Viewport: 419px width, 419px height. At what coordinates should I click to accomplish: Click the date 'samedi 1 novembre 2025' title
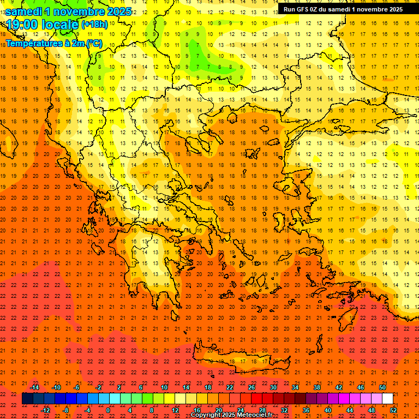68,11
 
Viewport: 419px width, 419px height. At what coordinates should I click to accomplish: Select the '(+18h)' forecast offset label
94,25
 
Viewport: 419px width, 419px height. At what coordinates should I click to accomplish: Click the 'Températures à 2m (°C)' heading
53,43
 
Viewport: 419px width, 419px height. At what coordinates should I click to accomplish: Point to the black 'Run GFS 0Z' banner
343,9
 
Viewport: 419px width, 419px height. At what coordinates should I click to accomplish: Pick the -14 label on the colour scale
34,387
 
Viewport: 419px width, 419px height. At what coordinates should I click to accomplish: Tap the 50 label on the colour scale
382,387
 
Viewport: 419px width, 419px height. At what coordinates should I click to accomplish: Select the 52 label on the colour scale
394,410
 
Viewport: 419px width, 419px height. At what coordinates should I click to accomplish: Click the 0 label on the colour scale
108,410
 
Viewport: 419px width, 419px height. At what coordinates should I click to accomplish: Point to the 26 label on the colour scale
252,387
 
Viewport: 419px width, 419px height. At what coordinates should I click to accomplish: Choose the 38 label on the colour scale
317,387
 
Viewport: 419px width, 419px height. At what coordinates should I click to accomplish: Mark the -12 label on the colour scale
45,410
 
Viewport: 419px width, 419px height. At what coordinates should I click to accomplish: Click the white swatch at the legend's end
387,399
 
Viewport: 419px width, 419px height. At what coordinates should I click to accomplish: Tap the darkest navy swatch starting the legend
27,399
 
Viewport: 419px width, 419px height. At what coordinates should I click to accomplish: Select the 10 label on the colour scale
164,387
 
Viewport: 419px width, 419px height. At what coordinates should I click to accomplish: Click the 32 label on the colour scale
284,410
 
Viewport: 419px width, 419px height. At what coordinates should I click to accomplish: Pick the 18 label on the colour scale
208,387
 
